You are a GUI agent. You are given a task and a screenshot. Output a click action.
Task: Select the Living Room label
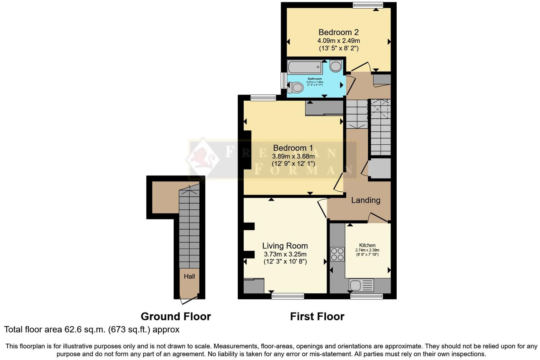pyautogui.click(x=285, y=246)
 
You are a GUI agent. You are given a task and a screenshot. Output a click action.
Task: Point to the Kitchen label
pyautogui.click(x=367, y=245)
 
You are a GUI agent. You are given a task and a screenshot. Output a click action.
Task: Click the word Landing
pyautogui.click(x=366, y=200)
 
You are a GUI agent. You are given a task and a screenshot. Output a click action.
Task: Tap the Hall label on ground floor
pyautogui.click(x=189, y=276)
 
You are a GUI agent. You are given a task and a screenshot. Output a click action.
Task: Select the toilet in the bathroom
pyautogui.click(x=295, y=87)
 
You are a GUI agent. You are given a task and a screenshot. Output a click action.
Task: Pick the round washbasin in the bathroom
pyautogui.click(x=335, y=66)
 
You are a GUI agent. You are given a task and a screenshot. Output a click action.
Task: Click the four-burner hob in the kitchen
pyautogui.click(x=337, y=254)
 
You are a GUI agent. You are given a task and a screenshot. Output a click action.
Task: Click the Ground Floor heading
pyautogui.click(x=175, y=316)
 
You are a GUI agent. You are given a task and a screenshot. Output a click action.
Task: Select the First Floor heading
pyautogui.click(x=317, y=316)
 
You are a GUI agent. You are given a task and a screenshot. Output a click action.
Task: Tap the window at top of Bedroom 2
pyautogui.click(x=368, y=5)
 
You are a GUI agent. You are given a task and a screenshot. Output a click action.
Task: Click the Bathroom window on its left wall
pyautogui.click(x=283, y=81)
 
